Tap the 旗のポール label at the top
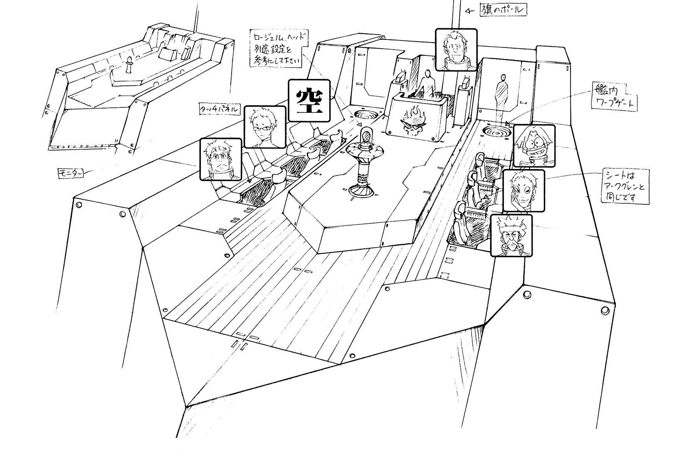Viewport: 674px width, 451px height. [503, 10]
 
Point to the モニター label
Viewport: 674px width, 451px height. [70, 172]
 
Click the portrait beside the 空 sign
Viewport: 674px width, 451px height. [265, 127]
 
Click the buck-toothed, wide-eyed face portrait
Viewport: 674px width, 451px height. [534, 146]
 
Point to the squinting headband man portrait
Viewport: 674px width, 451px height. [511, 235]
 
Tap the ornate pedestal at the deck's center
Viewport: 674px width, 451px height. [363, 164]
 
